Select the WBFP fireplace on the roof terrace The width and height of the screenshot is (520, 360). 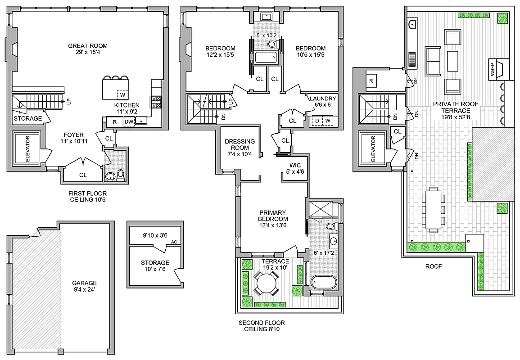coord(498,69)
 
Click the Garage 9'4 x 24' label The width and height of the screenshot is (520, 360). coord(85,286)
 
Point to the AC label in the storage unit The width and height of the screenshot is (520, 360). coord(173,242)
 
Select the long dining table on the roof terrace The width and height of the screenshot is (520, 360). coord(433,209)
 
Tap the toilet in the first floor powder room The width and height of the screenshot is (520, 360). coord(121,175)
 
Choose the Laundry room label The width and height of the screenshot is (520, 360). coord(322,101)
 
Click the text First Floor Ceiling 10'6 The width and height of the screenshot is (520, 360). coord(87,196)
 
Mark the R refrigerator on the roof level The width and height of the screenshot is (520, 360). coord(371,81)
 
